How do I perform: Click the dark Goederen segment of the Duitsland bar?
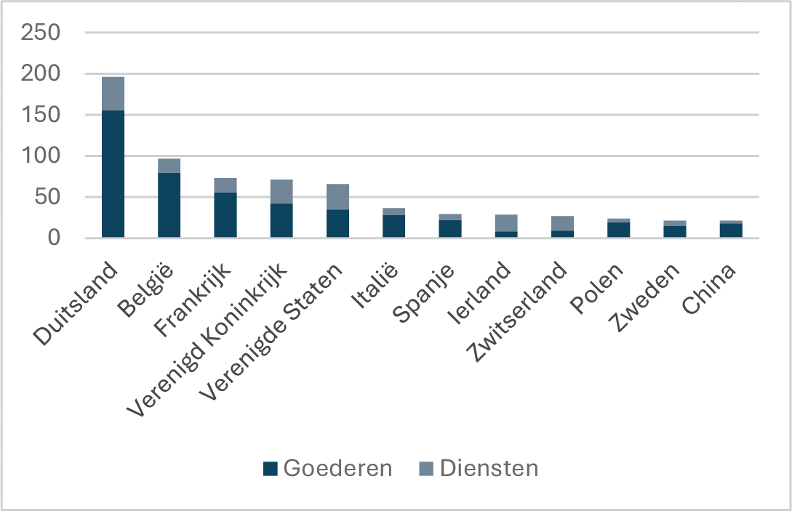point(113,174)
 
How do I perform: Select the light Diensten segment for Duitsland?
point(113,94)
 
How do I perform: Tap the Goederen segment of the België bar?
point(169,205)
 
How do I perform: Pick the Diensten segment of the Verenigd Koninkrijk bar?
point(281,191)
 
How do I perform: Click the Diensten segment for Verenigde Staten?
point(337,197)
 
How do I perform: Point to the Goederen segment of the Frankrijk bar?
point(225,214)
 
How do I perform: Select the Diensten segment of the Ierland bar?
point(506,222)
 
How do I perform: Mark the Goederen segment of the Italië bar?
point(393,226)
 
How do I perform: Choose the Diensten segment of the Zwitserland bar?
point(562,223)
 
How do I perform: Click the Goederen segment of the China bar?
point(731,230)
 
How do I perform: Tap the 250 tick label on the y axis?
point(41,33)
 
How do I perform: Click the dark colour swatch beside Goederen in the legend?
point(270,469)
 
